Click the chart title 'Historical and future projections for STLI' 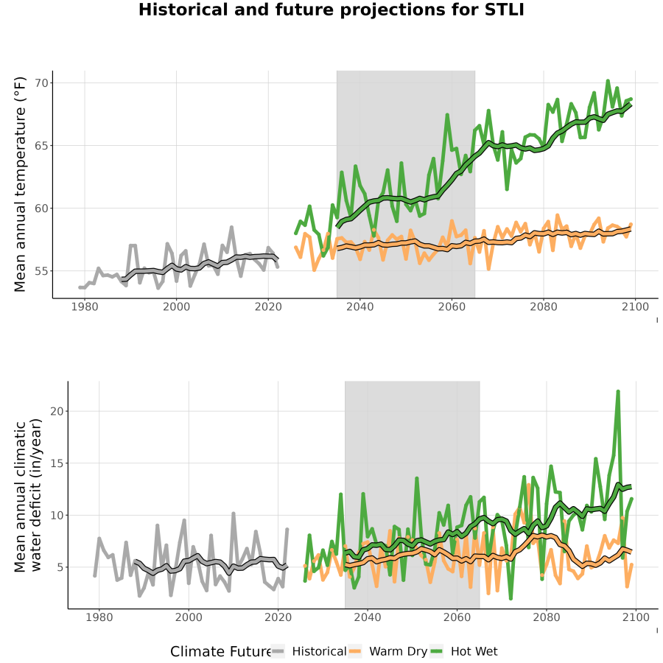click(331, 10)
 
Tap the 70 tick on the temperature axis click(42, 83)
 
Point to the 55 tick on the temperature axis click(42, 270)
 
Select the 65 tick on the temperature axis click(42, 145)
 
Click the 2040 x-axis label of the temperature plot click(359, 306)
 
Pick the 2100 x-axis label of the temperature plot click(635, 306)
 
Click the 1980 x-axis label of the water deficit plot click(99, 617)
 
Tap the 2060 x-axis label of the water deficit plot click(457, 617)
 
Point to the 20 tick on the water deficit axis click(57, 411)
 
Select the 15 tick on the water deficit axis click(57, 463)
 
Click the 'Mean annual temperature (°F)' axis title click(20, 184)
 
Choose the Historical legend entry click(308, 651)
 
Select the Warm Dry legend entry click(387, 651)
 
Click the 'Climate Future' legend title click(221, 652)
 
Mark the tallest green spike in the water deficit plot click(618, 392)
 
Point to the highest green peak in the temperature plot click(608, 80)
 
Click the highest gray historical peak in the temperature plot click(232, 227)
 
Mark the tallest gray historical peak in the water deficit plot click(234, 513)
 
